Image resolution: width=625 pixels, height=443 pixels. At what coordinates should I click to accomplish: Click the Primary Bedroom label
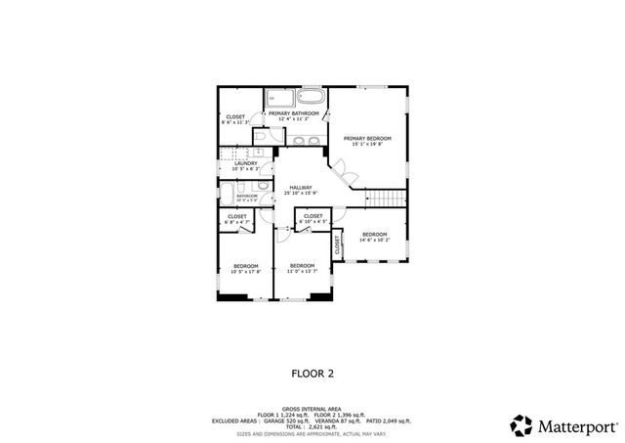click(x=367, y=138)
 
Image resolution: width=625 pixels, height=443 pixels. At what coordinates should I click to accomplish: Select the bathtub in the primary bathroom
click(x=310, y=98)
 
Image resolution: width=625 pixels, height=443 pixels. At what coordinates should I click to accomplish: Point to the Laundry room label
click(x=245, y=163)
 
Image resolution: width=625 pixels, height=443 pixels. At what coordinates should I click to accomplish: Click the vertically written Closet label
click(x=338, y=244)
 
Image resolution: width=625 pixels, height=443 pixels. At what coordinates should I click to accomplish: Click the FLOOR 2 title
click(x=312, y=372)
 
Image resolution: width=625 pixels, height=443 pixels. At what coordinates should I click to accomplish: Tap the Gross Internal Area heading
click(x=312, y=409)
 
